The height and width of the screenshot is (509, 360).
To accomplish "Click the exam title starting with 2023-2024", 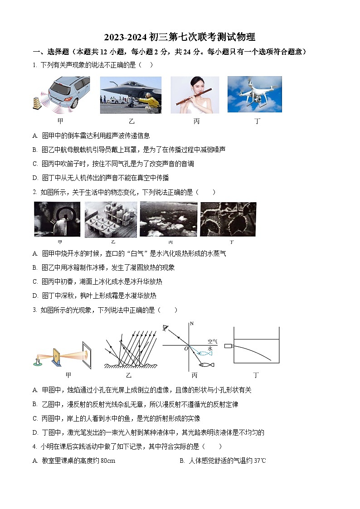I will tap(180, 37).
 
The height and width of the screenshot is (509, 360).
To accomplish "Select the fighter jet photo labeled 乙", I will tap(131, 95).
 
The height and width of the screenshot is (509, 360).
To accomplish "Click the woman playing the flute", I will tap(195, 94).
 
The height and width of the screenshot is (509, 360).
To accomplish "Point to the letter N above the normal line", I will tap(192, 324).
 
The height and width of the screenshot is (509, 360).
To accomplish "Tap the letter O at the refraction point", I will tap(185, 349).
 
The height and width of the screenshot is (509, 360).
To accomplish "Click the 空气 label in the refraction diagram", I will tap(212, 341).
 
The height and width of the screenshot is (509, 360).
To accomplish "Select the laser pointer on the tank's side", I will tap(228, 346).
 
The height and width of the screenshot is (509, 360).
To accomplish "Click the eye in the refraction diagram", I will tap(166, 328).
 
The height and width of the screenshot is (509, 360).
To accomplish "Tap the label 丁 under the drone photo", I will tap(257, 121).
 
